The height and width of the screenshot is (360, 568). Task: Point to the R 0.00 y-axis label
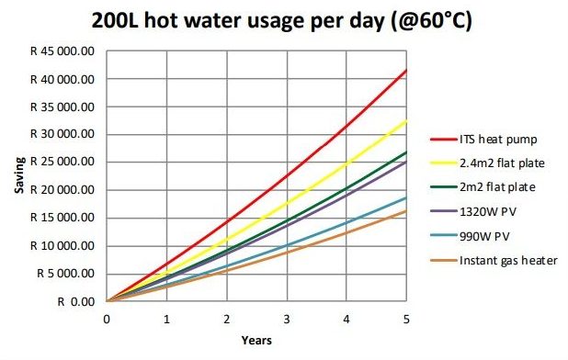(75, 301)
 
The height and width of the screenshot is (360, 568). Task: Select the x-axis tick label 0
(108, 319)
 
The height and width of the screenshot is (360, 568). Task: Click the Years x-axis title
(256, 341)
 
